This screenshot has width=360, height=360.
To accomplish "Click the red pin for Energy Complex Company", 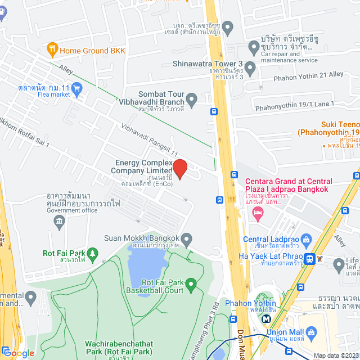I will (x=179, y=168).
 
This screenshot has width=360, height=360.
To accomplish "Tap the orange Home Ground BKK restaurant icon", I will (x=53, y=49).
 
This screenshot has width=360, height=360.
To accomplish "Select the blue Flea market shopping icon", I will (x=77, y=88).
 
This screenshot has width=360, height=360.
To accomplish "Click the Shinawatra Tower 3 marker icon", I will (x=250, y=69).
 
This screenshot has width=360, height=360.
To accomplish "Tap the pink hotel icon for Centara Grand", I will (x=258, y=212).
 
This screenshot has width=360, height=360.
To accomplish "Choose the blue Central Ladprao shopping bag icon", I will (x=306, y=240).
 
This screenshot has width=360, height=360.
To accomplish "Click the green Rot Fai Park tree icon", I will (x=93, y=253).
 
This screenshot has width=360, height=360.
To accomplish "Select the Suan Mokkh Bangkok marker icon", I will (x=187, y=238).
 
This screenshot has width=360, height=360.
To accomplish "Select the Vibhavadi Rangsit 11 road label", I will (x=149, y=139).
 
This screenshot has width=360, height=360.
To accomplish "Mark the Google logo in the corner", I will (x=18, y=353).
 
